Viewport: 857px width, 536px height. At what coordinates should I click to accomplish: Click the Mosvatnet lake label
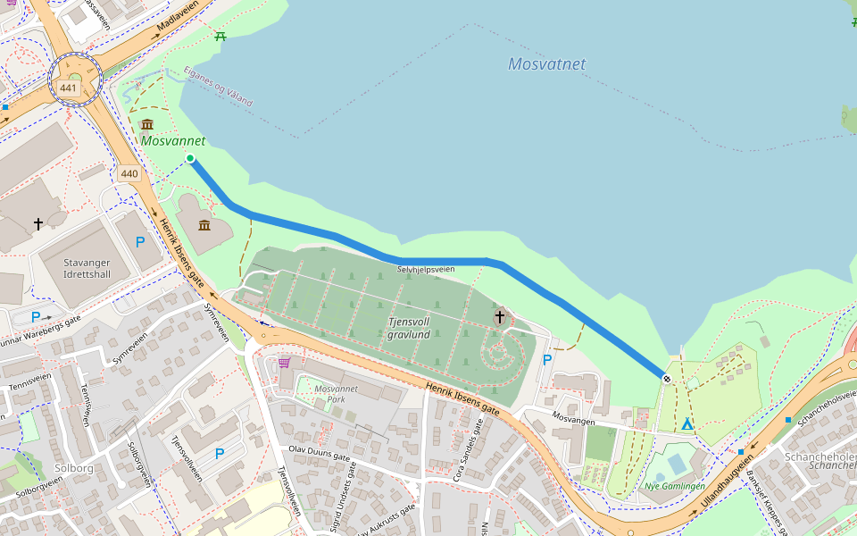coord(546,64)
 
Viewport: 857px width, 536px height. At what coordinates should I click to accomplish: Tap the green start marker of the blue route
coord(190,158)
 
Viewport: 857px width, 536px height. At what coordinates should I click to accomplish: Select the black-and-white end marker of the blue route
coord(666,379)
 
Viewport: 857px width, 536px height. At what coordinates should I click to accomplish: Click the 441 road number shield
coord(69,88)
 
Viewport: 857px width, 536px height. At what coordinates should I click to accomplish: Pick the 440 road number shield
coord(129,173)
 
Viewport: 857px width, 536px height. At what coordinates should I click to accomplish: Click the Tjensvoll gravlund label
coord(409,328)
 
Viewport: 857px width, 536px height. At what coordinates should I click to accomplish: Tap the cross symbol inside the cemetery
coord(500,315)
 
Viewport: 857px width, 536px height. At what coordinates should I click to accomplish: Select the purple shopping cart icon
coord(284,363)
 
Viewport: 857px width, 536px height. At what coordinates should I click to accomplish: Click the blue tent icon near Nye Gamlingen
coord(686,424)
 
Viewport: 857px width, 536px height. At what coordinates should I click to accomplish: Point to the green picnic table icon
coord(220,36)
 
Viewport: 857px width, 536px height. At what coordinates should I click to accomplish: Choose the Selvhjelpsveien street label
coord(426,269)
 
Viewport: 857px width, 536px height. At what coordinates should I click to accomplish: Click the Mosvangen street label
coord(572,416)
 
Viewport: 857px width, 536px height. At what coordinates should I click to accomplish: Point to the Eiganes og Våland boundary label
coord(218,88)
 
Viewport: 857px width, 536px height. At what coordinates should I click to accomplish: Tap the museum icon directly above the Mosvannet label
coord(147,123)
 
